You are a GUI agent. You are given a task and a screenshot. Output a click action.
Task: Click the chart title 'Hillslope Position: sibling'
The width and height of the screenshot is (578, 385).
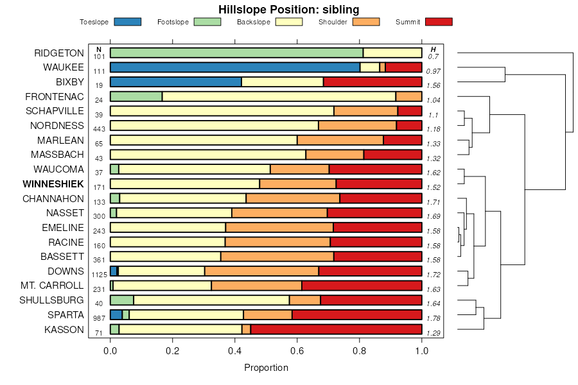tap(288, 9)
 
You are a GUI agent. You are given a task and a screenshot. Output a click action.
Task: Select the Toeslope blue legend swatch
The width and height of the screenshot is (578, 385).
tap(127, 22)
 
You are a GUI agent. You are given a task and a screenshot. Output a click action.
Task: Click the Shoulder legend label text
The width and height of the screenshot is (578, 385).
tap(333, 22)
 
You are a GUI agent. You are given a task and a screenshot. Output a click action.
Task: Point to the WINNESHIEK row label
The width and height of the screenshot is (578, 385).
tap(53, 184)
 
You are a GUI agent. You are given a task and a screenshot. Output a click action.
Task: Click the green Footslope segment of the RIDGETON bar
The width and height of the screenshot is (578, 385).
tap(236, 53)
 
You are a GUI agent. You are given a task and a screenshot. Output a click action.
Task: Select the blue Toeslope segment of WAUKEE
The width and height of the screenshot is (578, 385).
tap(235, 67)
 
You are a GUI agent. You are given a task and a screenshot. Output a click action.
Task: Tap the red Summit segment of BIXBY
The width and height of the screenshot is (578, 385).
tap(372, 81)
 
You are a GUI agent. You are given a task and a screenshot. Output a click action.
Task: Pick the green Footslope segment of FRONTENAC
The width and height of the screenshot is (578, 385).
tap(136, 96)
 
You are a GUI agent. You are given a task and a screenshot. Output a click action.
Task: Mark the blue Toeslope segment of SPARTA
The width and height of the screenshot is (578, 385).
tap(116, 314)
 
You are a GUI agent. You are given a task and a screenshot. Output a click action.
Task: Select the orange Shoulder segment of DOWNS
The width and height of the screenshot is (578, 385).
tap(261, 271)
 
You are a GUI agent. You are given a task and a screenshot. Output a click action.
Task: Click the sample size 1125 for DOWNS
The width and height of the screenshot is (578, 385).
tap(99, 275)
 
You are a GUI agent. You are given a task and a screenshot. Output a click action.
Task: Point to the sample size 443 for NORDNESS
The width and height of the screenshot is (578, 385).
tap(99, 129)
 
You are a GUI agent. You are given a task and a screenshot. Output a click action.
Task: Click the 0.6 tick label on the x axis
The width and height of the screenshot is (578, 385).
tap(297, 352)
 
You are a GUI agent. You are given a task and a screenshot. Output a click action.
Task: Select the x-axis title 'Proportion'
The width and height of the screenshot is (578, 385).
tap(266, 368)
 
